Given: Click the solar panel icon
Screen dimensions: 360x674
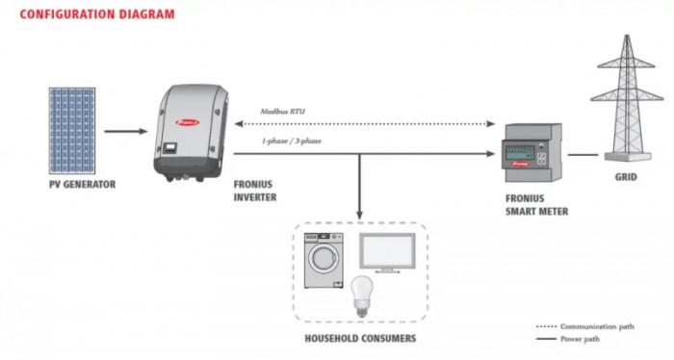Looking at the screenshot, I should pyautogui.click(x=71, y=131).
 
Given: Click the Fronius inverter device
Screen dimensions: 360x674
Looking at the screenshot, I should pyautogui.click(x=193, y=131).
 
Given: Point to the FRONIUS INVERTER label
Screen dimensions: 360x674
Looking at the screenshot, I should pyautogui.click(x=255, y=189).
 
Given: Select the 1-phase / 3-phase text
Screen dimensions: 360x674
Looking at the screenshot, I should pyautogui.click(x=292, y=141).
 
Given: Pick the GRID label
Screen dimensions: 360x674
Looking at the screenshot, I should pyautogui.click(x=626, y=178).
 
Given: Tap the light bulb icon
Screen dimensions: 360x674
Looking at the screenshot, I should pyautogui.click(x=361, y=295).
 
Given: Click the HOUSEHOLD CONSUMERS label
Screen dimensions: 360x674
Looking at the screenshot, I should pyautogui.click(x=360, y=339).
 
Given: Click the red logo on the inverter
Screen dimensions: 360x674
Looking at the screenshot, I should pyautogui.click(x=186, y=123).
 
